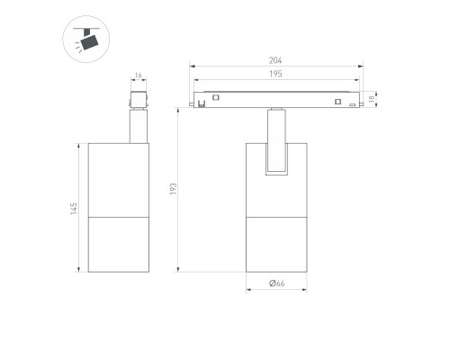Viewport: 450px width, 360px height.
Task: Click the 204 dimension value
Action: pos(275,60)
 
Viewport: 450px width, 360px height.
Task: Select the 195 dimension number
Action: pos(275,74)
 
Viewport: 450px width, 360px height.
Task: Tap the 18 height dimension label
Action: pos(372,99)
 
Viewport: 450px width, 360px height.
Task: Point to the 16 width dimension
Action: pos(139,76)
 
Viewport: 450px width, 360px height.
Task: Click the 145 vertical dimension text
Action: pos(74,209)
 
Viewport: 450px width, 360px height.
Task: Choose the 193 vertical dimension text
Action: pos(174,189)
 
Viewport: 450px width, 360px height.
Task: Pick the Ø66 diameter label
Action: pos(276,283)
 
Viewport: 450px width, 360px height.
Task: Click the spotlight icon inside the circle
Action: pos(87,40)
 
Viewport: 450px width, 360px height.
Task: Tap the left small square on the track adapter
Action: pos(216,97)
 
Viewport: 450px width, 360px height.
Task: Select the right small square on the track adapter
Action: pos(337,102)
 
